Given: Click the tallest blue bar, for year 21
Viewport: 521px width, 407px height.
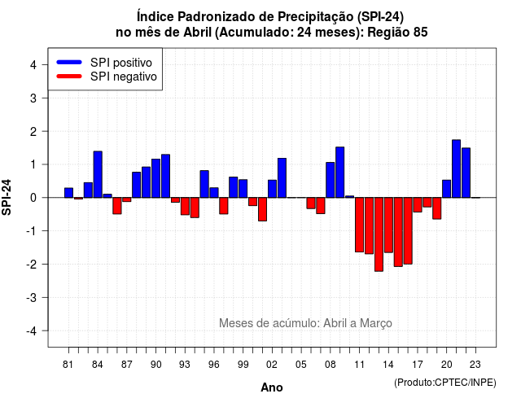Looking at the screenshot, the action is coord(456,168).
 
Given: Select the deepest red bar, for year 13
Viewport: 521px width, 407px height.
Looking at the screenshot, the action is coord(379,234).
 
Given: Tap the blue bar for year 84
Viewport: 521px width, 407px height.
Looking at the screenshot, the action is coord(98,174).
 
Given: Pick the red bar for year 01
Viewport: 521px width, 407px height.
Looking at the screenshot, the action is coord(262,209).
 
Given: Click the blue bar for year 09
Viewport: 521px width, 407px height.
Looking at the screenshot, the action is coord(340,173).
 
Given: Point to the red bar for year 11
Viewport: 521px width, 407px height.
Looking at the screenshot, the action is coord(359,225).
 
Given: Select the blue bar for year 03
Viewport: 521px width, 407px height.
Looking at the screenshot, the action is coord(282,178).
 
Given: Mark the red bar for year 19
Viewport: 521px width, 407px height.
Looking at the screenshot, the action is coord(437,208).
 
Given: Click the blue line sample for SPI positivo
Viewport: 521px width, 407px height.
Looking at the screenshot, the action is coord(69,62).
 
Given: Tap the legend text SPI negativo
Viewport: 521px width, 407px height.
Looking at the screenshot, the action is coord(123,77).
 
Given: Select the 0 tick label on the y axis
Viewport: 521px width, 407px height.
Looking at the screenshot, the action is coord(33,198).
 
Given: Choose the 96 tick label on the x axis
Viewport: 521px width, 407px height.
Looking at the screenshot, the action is coord(214,365).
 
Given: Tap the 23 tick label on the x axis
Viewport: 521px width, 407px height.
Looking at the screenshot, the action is coord(475,365).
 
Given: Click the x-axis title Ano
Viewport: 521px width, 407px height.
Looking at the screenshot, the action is coord(272,387).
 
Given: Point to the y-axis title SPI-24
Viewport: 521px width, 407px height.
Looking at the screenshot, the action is coord(7,197).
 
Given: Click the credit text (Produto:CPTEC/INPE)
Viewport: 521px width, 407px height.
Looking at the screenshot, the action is coord(445,383).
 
